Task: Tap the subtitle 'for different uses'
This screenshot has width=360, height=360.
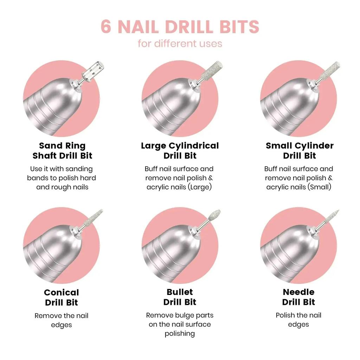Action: (x=180, y=44)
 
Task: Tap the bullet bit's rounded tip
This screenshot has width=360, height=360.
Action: (x=213, y=215)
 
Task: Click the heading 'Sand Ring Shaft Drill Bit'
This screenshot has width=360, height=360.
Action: (x=62, y=150)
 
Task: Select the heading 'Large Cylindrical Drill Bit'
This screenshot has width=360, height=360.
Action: (x=180, y=150)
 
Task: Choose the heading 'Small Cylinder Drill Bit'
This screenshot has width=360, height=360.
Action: (x=300, y=150)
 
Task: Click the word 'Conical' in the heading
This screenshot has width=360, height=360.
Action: (x=62, y=292)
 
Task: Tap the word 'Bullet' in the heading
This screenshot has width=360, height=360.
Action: (x=180, y=292)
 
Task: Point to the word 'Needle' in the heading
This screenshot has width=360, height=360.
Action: (x=298, y=292)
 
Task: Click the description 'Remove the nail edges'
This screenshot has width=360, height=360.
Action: (x=62, y=320)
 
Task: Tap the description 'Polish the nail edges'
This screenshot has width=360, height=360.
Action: (x=298, y=320)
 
